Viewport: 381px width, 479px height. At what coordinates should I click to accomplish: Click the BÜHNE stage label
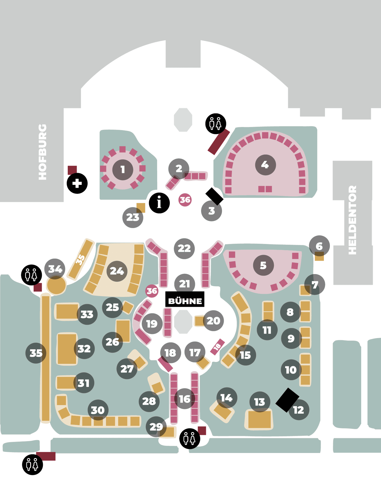pos(185,301)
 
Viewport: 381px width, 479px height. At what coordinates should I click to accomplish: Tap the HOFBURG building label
pos(43,152)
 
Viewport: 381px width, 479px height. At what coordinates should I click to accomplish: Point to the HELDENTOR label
pos(352,220)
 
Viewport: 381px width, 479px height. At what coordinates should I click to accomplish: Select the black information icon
pos(159,203)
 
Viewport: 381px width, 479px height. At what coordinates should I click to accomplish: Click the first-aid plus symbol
pos(77,184)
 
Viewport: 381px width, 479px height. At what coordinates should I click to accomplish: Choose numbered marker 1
pos(123,170)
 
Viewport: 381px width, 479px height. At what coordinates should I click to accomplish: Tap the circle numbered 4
pos(265,165)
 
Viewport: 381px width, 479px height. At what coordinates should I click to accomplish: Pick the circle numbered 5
pos(263,265)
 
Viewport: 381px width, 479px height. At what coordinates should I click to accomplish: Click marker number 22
pos(184,248)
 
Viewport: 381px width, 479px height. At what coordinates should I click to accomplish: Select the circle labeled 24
pos(117,271)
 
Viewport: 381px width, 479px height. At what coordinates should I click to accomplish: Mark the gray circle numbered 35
pos(36,353)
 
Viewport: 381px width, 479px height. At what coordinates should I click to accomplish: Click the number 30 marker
pos(98,410)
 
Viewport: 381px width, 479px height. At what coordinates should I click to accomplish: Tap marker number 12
pos(299,410)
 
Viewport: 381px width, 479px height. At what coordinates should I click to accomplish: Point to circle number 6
pos(319,246)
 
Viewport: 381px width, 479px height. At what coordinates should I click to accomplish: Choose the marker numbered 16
pos(184,399)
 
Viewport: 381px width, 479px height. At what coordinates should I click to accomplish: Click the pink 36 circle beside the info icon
pos(185,200)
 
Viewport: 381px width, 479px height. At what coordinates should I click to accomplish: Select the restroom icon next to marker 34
pos(32,275)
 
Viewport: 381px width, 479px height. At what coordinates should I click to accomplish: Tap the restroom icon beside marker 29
pos(190,439)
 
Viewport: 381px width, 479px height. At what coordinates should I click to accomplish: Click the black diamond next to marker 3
pos(214,196)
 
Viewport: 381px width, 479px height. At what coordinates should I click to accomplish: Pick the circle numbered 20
pos(213,321)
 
